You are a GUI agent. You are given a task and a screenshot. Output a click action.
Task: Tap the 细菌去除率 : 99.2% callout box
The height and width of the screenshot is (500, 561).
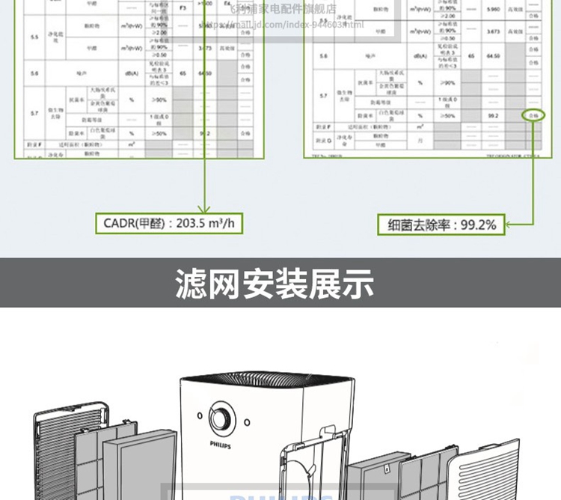point(442,223)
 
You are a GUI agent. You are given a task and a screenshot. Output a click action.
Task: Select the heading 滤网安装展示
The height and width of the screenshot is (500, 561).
point(275,284)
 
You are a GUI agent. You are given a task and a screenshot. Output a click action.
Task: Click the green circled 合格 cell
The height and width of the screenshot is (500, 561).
point(533,116)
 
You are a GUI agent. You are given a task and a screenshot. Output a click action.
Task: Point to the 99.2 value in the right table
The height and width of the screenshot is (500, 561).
point(493,116)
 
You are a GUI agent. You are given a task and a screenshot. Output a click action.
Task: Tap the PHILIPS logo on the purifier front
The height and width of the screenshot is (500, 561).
point(221,444)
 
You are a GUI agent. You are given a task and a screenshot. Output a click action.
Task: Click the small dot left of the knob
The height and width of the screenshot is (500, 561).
point(200,415)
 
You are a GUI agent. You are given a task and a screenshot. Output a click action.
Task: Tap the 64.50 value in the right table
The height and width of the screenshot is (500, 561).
point(493,55)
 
